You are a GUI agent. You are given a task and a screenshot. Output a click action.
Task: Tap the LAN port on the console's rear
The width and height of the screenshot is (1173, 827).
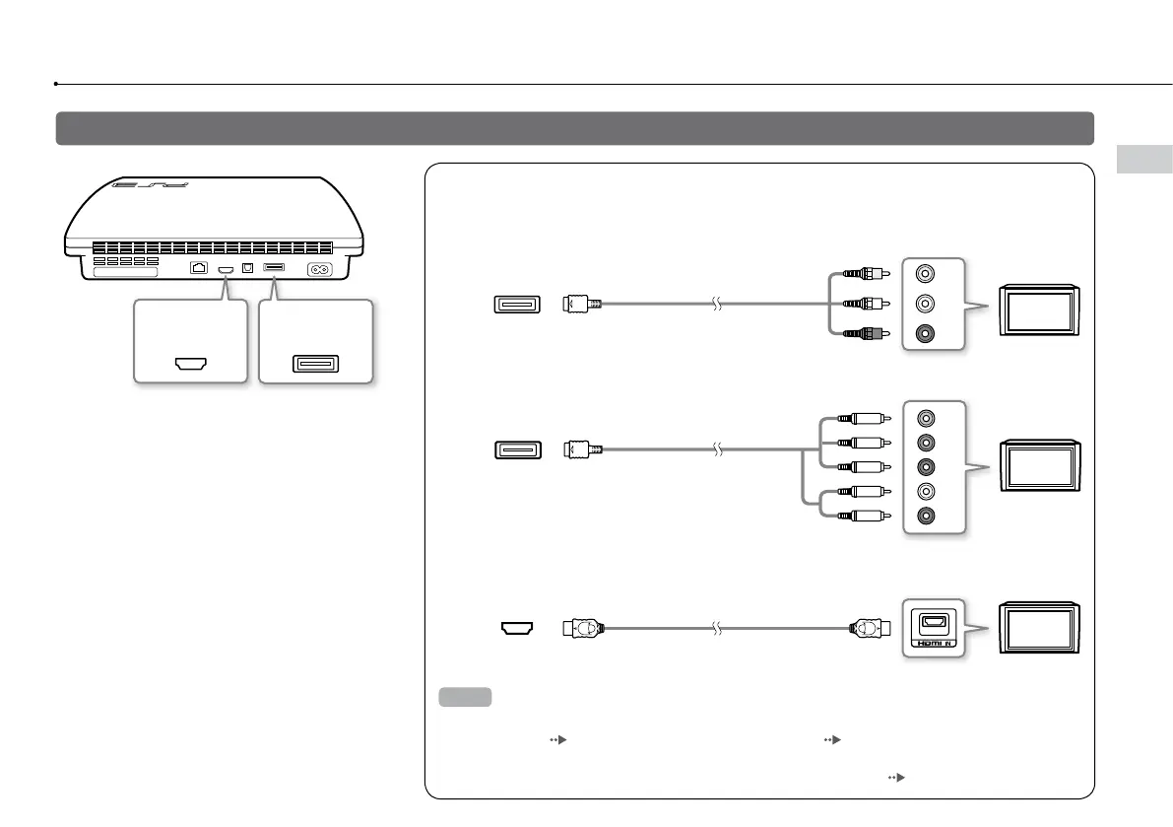[x=198, y=268]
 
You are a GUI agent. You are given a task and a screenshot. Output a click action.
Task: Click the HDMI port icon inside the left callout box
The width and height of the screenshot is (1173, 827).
[x=188, y=364]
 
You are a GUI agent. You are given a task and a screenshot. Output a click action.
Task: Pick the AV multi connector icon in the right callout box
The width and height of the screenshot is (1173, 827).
[x=315, y=364]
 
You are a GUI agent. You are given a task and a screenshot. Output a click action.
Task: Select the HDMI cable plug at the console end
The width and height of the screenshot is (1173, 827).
[x=582, y=626]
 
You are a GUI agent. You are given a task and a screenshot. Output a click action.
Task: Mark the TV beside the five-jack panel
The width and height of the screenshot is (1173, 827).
[x=1041, y=465]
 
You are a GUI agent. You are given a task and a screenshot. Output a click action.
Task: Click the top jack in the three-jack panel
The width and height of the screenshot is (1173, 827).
[x=925, y=276]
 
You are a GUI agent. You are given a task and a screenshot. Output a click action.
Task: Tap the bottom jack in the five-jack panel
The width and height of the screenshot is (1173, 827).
[x=925, y=515]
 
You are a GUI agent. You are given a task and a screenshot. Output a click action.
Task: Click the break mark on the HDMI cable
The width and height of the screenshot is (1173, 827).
[x=719, y=626]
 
